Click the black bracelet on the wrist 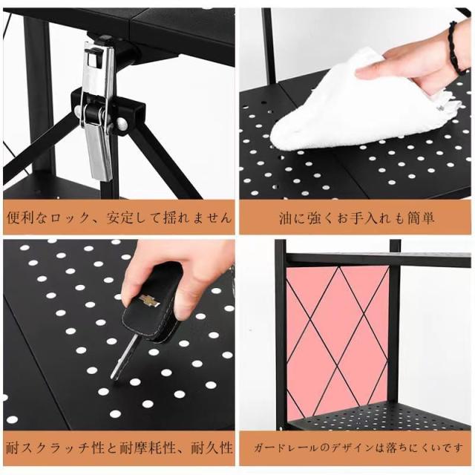click(x=454, y=48)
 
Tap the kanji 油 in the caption click(x=285, y=218)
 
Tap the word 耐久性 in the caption click(x=212, y=448)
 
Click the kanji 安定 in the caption click(x=119, y=217)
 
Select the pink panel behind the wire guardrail click(x=337, y=339)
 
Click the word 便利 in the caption click(x=20, y=217)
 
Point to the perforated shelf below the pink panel click(x=379, y=416)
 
